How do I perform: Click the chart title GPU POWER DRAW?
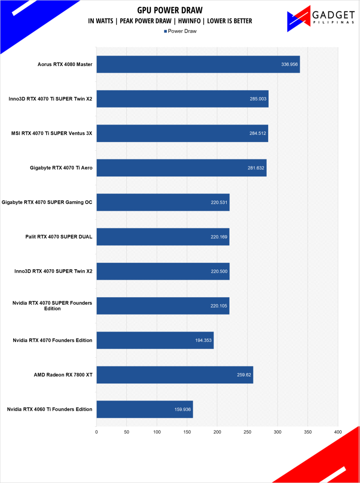pos(170,10)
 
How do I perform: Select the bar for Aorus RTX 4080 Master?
pos(198,64)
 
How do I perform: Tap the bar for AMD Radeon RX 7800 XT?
pos(174,375)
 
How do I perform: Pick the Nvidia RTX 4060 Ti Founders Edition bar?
pos(144,409)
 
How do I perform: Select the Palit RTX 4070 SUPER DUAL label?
pos(59,237)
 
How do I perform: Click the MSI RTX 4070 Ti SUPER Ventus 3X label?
pos(52,133)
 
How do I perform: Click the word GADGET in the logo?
pos(332,16)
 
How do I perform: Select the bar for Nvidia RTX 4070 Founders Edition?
pos(155,340)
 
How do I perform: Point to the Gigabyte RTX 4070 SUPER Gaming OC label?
pos(47,202)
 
